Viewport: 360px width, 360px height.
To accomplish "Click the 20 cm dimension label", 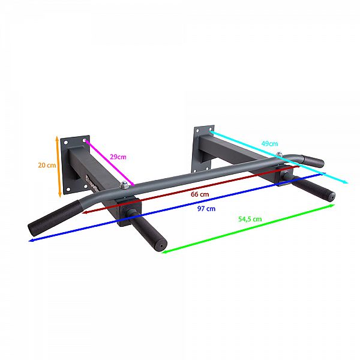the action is click(x=47, y=165).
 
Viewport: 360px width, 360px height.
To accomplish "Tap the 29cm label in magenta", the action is click(x=118, y=157).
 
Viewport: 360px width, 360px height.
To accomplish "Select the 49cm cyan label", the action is click(x=269, y=144).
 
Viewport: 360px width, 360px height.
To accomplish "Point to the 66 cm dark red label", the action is click(x=200, y=194).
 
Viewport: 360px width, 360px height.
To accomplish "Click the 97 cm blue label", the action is click(x=206, y=209).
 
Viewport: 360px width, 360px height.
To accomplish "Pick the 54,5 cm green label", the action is click(x=250, y=219).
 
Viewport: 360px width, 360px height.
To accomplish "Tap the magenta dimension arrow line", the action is click(x=109, y=163).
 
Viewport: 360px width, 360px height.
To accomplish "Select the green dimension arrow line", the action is click(x=248, y=229).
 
